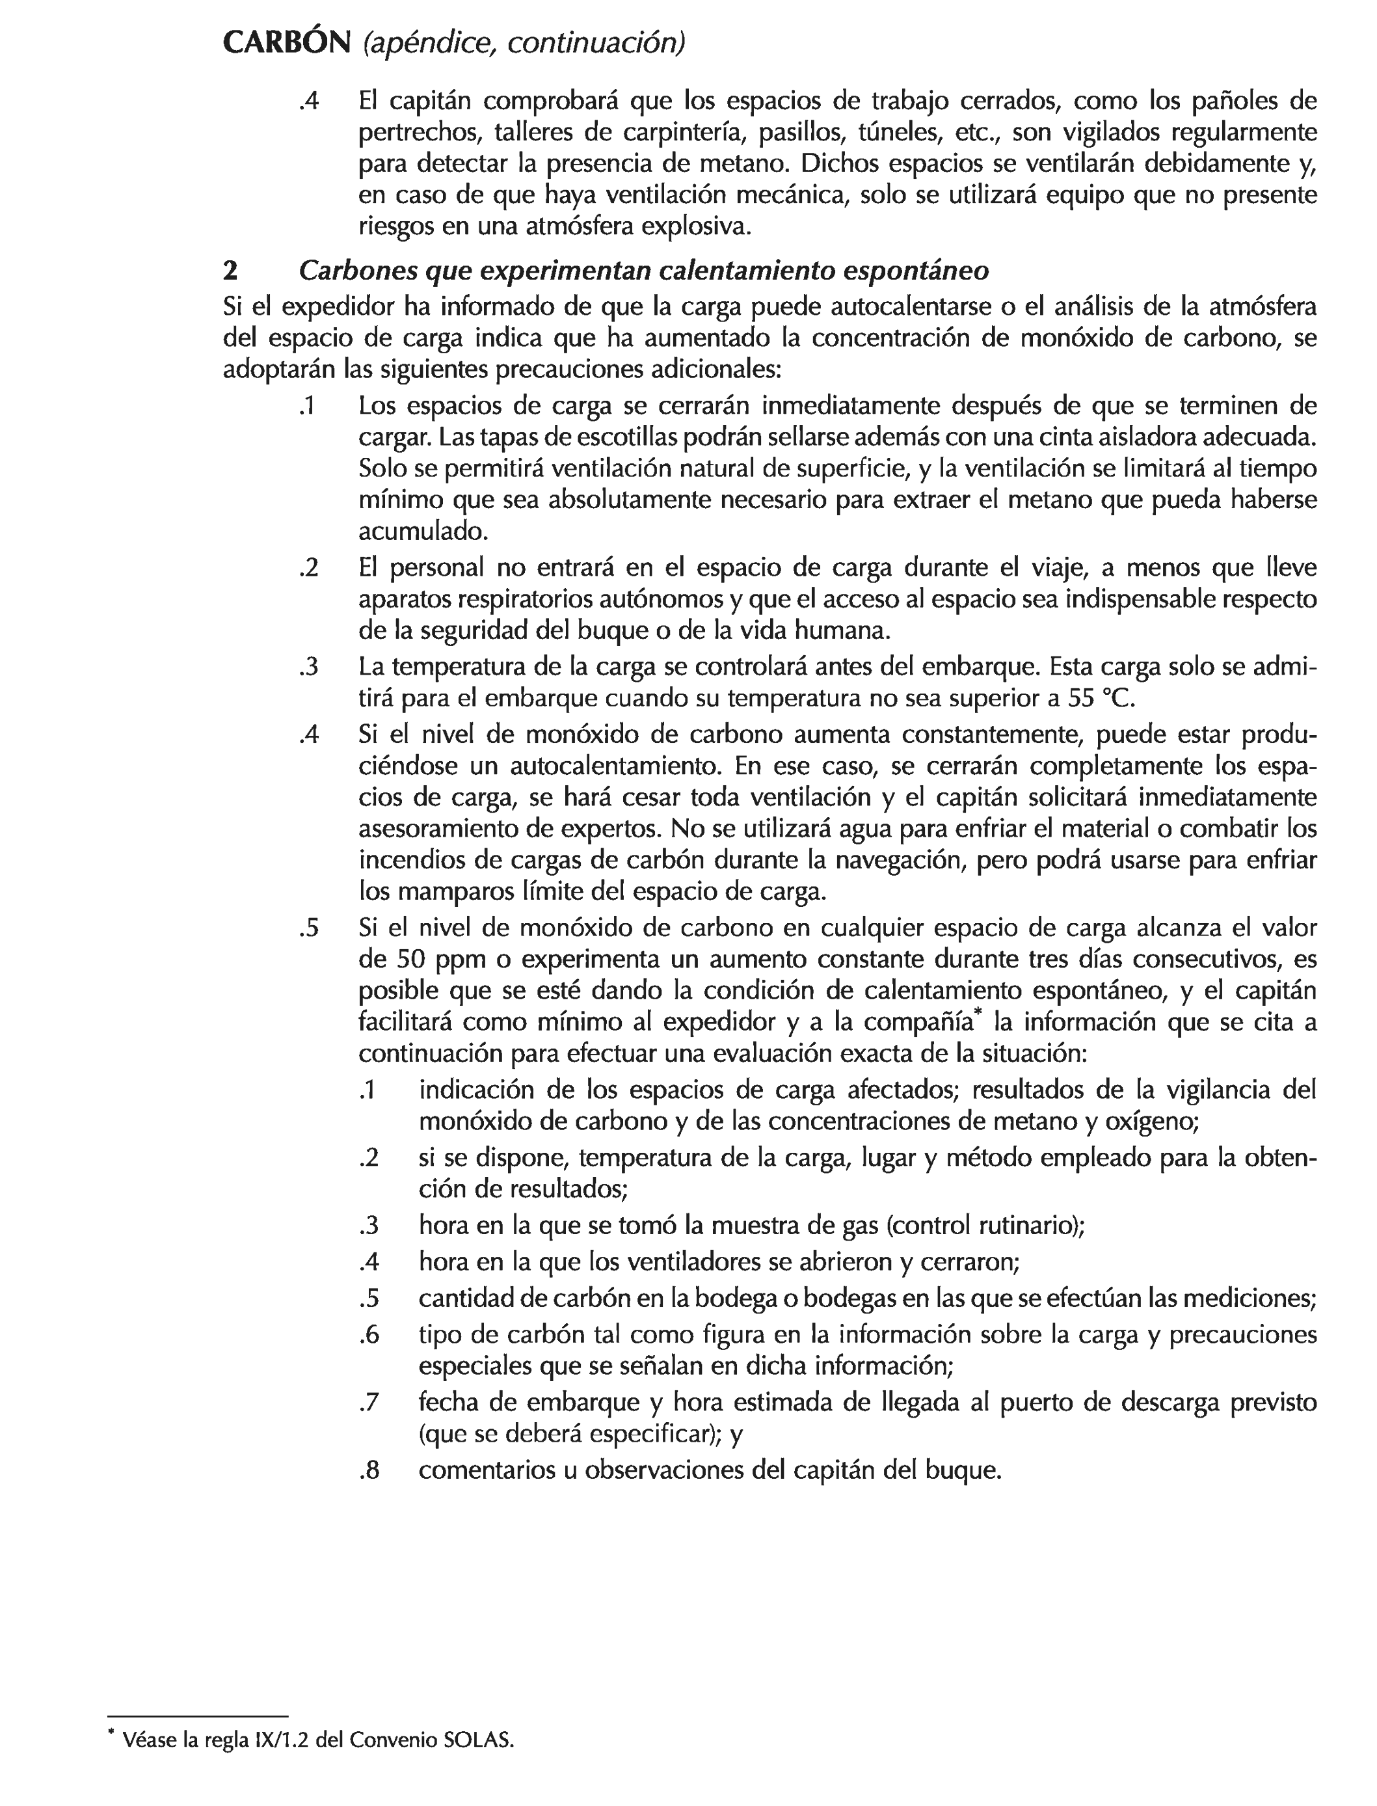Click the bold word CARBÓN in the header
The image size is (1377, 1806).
tap(286, 43)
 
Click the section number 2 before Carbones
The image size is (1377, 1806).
tap(230, 271)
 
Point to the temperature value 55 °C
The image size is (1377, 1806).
tap(1103, 699)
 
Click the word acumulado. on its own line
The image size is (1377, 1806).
tap(423, 532)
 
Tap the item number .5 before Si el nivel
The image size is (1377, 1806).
tap(309, 928)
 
